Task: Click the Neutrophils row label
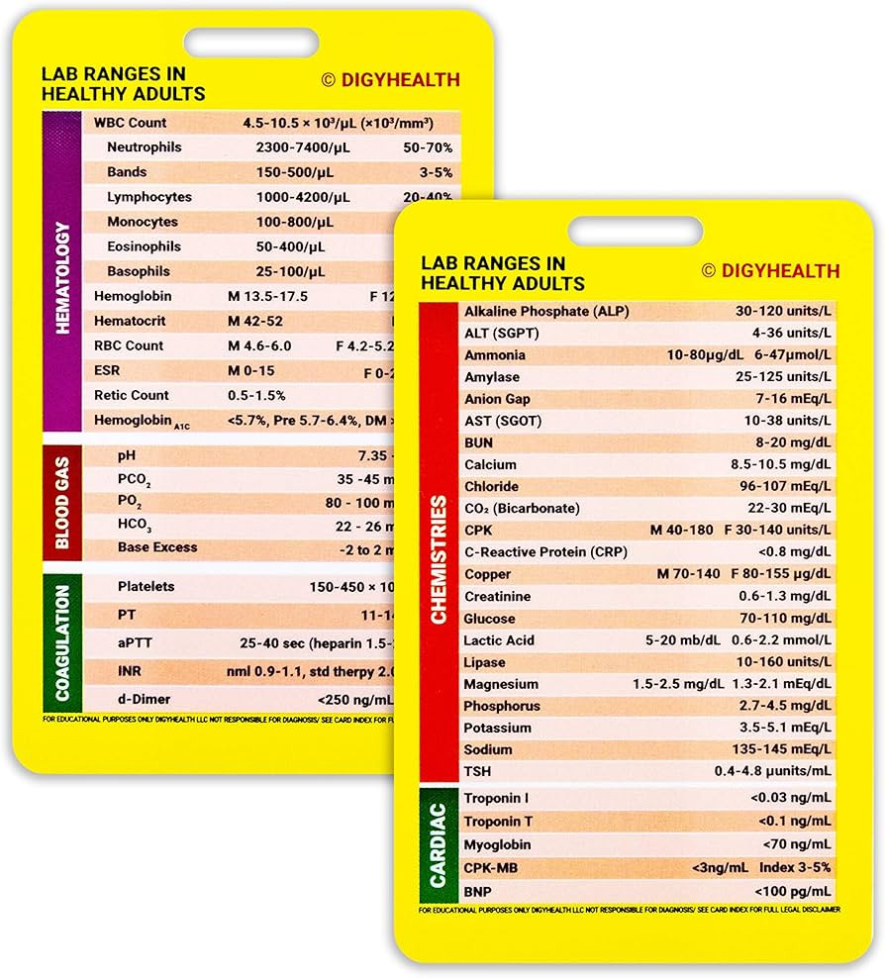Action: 145,147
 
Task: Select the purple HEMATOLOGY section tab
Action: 61,270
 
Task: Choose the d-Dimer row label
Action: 146,699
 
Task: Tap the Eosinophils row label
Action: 147,246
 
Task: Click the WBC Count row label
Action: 130,123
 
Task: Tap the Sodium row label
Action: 488,750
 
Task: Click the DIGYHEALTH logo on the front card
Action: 771,271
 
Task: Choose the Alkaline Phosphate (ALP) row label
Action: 546,312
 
